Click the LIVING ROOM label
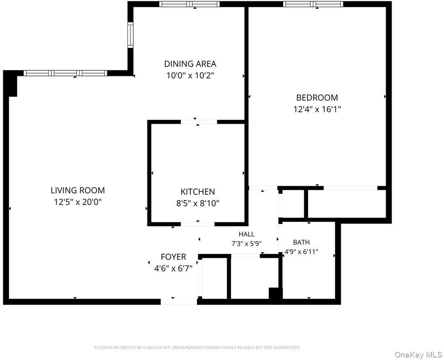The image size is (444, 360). pos(78,191)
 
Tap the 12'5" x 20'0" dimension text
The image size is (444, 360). pos(78,202)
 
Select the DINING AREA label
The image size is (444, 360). pos(190,64)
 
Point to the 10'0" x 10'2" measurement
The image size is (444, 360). pos(190,75)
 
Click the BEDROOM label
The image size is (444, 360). pos(317,97)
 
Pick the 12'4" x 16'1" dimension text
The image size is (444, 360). pos(317,109)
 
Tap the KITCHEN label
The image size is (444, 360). pos(198,192)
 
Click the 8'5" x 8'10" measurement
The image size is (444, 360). pos(198,204)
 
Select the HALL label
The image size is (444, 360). pos(246,234)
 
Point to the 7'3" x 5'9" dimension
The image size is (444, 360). pos(246,243)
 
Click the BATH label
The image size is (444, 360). pos(301,242)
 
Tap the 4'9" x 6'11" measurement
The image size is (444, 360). pos(301,252)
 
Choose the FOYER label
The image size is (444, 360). pos(173,257)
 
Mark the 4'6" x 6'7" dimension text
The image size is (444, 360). pos(173,268)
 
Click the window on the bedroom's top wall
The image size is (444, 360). pos(313,4)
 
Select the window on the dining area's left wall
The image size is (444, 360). pos(130,35)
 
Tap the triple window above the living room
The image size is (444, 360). pos(65,73)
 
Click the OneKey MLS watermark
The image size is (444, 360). pos(418,355)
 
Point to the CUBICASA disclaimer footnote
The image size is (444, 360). pos(197,347)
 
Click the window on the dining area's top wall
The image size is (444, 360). pos(189,4)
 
